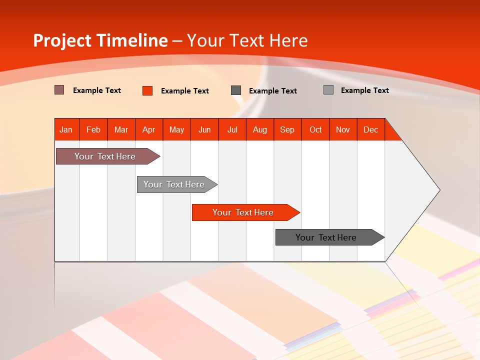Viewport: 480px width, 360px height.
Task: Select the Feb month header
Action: [93, 129]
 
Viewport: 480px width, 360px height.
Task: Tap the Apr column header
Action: [149, 129]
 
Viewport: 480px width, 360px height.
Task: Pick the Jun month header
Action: [204, 129]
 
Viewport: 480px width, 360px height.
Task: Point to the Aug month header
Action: [260, 129]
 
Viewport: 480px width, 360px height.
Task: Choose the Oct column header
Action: [315, 129]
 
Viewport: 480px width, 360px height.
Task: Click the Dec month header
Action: [371, 129]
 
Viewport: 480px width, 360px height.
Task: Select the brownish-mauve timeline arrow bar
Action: [108, 156]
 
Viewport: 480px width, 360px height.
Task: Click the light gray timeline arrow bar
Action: [177, 184]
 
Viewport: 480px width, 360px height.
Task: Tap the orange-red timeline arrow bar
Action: [246, 212]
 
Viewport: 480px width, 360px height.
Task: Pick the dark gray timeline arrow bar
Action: [330, 237]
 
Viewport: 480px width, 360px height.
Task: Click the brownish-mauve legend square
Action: [59, 90]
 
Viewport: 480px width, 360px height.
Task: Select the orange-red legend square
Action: [147, 90]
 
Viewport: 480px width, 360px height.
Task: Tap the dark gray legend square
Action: [236, 90]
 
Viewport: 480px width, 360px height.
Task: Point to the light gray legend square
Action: [328, 89]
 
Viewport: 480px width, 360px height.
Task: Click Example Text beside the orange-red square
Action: [185, 91]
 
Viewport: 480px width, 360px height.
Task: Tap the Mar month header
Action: [121, 129]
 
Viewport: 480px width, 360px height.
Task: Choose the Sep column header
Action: [287, 129]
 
